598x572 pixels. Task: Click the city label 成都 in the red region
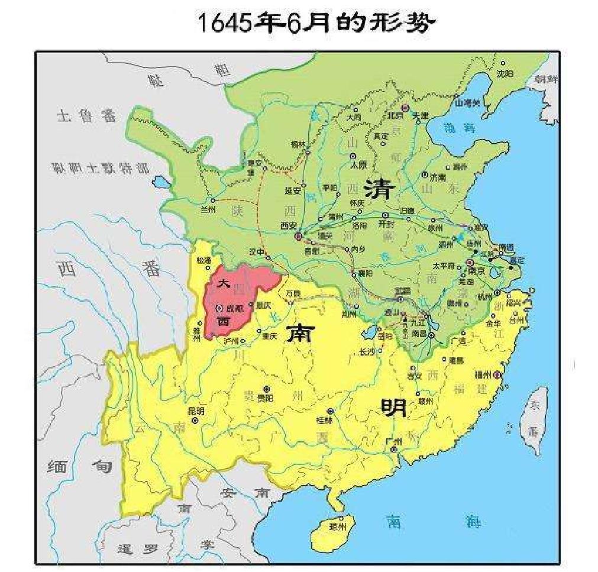coord(234,308)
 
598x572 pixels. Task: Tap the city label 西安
coord(288,226)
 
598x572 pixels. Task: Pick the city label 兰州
coord(209,209)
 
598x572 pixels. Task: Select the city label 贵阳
coord(266,399)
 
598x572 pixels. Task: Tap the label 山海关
coord(467,102)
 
